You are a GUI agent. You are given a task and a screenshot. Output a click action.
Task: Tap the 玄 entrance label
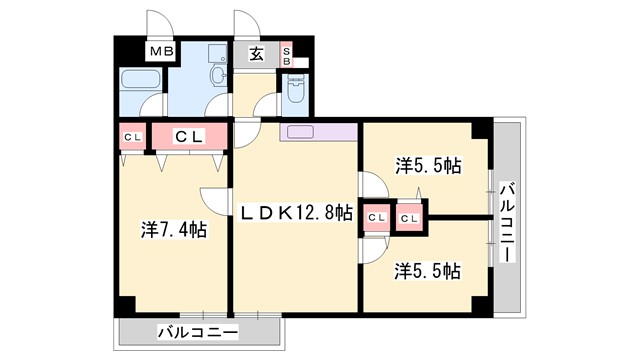point(256,54)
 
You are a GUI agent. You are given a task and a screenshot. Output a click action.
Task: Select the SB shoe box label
point(287,55)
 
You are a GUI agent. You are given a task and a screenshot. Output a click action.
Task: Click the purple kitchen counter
point(318,131)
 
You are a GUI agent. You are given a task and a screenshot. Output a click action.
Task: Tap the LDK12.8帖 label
point(295,212)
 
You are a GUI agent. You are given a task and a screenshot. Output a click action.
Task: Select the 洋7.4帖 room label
point(173,229)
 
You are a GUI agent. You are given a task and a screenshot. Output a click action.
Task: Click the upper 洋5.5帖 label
point(427,165)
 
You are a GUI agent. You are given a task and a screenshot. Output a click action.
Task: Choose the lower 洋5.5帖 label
point(427,270)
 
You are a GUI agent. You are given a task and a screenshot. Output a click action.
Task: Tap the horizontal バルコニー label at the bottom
point(197,332)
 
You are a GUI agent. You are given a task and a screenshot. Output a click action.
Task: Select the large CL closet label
point(191,136)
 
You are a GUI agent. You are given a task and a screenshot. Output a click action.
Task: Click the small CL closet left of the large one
point(132,136)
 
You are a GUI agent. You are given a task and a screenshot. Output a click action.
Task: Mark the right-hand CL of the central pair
point(410,216)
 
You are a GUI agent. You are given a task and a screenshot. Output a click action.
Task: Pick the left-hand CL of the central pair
point(377,216)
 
